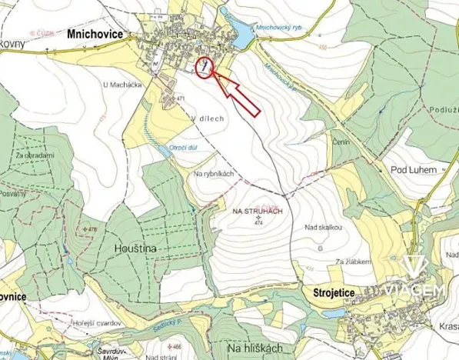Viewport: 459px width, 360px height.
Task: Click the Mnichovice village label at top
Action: point(95,34)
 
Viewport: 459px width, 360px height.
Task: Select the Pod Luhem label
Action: point(414,169)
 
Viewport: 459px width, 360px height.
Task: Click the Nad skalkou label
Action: point(323,228)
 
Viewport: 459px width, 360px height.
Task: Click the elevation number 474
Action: point(257,222)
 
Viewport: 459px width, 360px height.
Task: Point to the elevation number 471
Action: point(181,99)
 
